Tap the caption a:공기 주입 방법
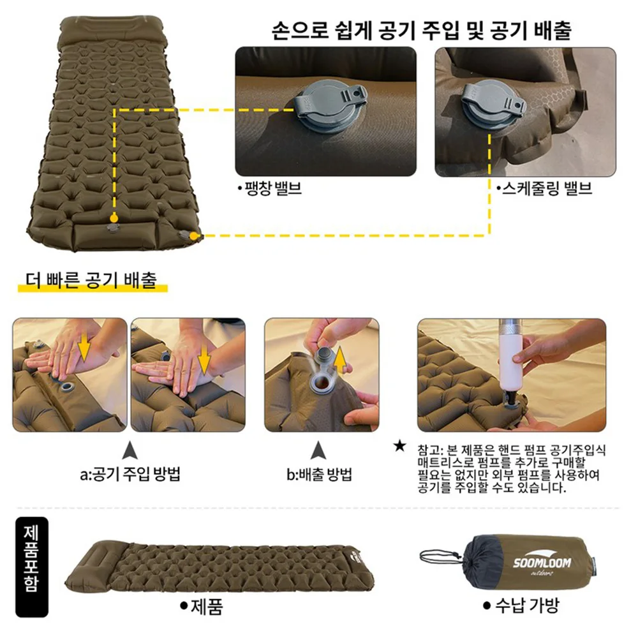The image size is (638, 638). tap(130, 475)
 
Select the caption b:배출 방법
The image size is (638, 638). tap(319, 475)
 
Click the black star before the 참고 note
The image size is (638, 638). tap(400, 445)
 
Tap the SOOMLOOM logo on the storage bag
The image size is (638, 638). tap(542, 563)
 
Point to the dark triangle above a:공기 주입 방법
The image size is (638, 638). tap(130, 450)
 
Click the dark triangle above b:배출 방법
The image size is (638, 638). tap(319, 450)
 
